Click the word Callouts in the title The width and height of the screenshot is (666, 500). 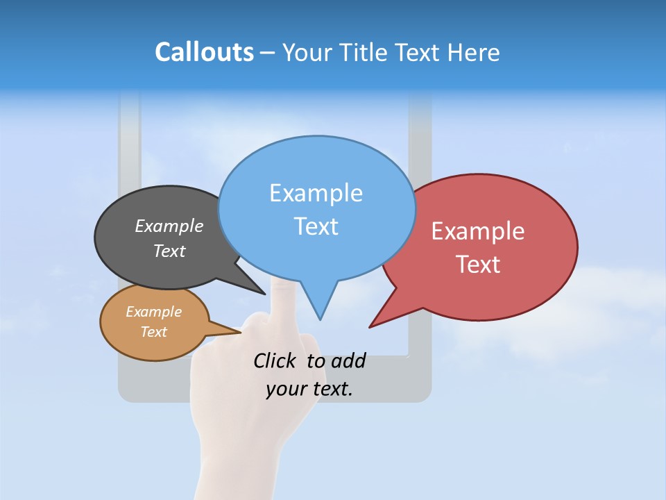(x=204, y=52)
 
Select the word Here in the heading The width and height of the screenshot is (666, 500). (x=474, y=53)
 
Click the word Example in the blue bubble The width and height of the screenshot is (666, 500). (x=316, y=193)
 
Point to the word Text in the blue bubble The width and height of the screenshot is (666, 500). (x=316, y=226)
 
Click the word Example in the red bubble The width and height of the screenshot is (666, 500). (x=478, y=231)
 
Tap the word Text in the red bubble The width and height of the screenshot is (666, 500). (x=478, y=265)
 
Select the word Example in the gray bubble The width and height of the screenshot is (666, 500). (x=169, y=226)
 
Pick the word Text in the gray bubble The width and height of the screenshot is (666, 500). (x=169, y=251)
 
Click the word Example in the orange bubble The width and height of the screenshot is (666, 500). (x=153, y=312)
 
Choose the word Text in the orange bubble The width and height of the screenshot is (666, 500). (x=153, y=332)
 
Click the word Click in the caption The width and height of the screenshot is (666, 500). (x=276, y=360)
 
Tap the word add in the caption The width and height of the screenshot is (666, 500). (x=348, y=361)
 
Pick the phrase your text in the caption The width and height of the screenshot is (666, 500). (x=309, y=389)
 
